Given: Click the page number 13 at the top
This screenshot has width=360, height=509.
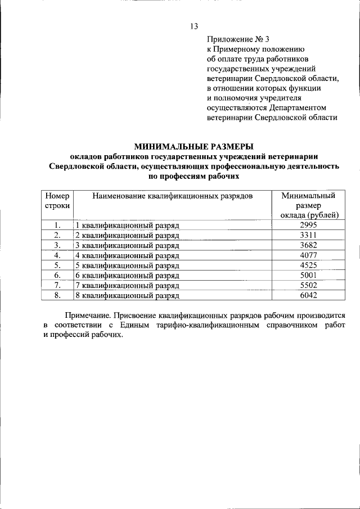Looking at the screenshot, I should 194,26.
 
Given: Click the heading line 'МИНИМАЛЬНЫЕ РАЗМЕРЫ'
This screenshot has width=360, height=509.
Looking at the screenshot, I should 193,146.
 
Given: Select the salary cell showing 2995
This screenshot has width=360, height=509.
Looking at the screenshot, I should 309,225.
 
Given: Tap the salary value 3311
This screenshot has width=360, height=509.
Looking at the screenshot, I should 309,235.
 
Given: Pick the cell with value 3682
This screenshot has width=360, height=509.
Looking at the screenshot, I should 309,245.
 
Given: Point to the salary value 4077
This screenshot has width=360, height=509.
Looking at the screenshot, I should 309,255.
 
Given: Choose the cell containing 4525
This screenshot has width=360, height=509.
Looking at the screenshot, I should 309,265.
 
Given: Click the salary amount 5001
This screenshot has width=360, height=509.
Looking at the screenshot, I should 309,276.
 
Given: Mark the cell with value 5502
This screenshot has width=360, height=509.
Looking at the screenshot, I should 309,285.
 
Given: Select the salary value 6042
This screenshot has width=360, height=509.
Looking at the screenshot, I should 309,295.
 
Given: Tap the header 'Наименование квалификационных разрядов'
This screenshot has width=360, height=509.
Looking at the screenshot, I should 173,196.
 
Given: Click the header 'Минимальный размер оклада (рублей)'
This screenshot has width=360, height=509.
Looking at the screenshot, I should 309,205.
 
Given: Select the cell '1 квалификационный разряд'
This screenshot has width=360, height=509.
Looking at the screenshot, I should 127,226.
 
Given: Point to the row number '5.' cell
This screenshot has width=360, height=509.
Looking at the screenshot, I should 57,265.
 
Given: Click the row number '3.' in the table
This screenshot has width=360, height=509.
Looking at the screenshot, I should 57,245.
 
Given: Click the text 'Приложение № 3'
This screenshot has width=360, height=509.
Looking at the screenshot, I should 238,39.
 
